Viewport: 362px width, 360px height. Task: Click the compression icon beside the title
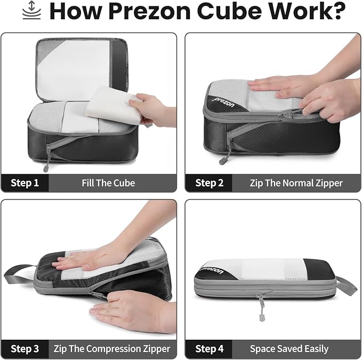point(31,10)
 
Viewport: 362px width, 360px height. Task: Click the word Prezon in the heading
point(150,11)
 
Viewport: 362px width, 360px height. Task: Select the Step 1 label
point(25,183)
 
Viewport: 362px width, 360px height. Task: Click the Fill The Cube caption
point(108,183)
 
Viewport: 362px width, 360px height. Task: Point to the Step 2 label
point(209,183)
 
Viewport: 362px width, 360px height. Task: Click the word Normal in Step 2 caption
point(298,183)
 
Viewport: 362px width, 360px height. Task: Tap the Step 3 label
point(25,349)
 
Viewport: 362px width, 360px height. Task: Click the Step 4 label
point(209,349)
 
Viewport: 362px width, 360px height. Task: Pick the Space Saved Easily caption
point(289,349)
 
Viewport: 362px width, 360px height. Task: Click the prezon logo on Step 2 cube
point(224,103)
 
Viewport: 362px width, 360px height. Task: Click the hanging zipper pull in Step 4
point(261,307)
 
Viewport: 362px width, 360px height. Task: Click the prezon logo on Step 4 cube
point(212,270)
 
